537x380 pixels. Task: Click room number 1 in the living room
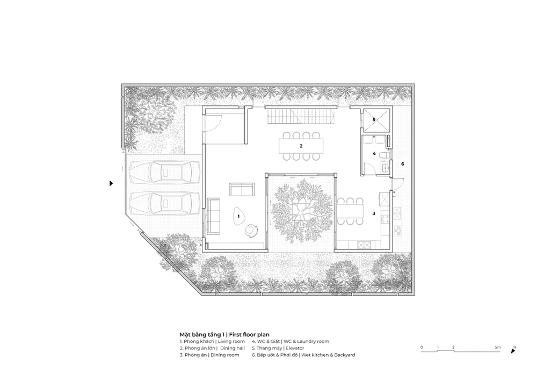(239, 217)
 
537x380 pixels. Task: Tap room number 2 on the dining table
(301, 146)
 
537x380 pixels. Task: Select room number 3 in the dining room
(374, 213)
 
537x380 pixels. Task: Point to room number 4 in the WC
(374, 154)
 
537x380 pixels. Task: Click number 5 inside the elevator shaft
(374, 119)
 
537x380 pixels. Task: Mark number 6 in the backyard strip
(402, 164)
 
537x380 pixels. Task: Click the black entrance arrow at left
(111, 183)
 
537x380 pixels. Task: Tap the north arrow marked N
(513, 350)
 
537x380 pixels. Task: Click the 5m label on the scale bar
(498, 347)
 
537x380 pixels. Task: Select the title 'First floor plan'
(249, 335)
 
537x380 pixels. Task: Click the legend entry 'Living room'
(231, 342)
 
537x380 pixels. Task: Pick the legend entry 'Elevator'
(295, 348)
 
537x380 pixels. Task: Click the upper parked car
(164, 171)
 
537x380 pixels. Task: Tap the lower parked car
(164, 203)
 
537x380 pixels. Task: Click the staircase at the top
(301, 117)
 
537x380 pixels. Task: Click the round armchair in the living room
(252, 231)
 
